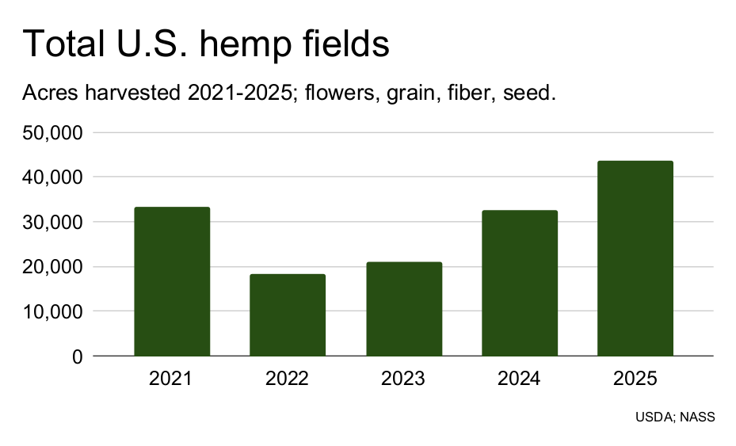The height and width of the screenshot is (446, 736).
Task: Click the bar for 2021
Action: coord(172,281)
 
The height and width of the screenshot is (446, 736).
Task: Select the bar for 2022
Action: coord(288,314)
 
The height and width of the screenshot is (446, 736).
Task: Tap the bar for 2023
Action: coord(404,309)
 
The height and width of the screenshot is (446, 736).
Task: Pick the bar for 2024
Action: coord(520,283)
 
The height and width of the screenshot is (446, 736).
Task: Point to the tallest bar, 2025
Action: coord(635,258)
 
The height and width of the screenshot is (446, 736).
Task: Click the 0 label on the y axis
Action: coord(77,357)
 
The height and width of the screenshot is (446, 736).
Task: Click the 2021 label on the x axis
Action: coord(171,379)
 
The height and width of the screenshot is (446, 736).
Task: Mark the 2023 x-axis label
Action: coord(403,379)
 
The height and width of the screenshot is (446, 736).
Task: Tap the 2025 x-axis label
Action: coord(635,379)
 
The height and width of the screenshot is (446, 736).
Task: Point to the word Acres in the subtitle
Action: coord(47,93)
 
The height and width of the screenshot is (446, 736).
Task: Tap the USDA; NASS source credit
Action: coord(675,417)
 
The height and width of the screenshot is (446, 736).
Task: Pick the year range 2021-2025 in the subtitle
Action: coord(235,93)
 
